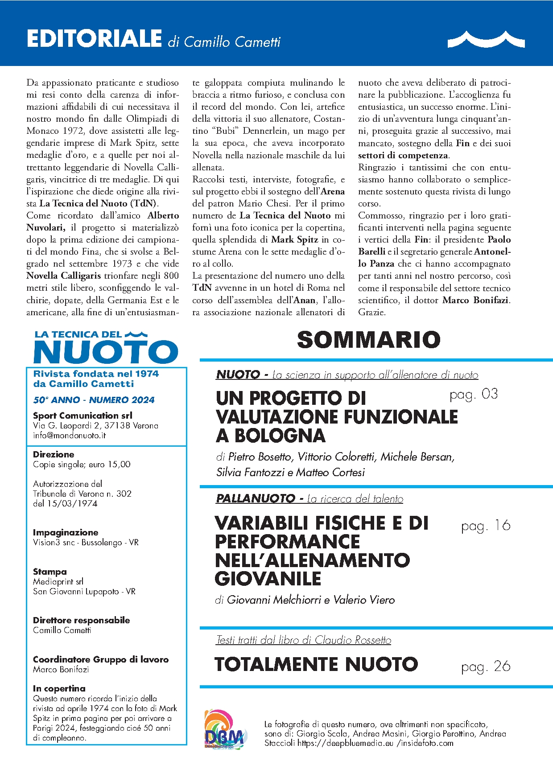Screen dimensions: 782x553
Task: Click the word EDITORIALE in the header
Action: [x=94, y=38]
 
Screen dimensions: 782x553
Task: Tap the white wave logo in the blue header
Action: [x=486, y=39]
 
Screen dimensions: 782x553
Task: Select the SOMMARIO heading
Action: [x=368, y=340]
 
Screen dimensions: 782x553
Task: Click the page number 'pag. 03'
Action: [x=474, y=394]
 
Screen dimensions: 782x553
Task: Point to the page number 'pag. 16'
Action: [x=486, y=526]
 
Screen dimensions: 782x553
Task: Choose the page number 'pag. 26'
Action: [x=486, y=667]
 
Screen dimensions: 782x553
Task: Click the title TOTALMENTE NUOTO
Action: [x=316, y=664]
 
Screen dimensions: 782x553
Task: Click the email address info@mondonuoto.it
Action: [x=70, y=436]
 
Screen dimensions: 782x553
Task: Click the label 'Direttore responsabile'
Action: [x=81, y=620]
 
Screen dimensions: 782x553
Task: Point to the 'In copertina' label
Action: [x=59, y=688]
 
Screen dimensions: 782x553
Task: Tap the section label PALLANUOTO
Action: [x=255, y=498]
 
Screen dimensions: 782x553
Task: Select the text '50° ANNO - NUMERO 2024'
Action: [x=94, y=400]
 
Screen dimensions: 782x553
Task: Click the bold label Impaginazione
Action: [x=66, y=532]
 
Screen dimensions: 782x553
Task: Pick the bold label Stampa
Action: [x=50, y=572]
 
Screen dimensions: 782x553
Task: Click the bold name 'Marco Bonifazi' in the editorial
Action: [x=475, y=300]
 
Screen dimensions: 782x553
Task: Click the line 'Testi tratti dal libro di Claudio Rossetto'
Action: [x=303, y=640]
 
